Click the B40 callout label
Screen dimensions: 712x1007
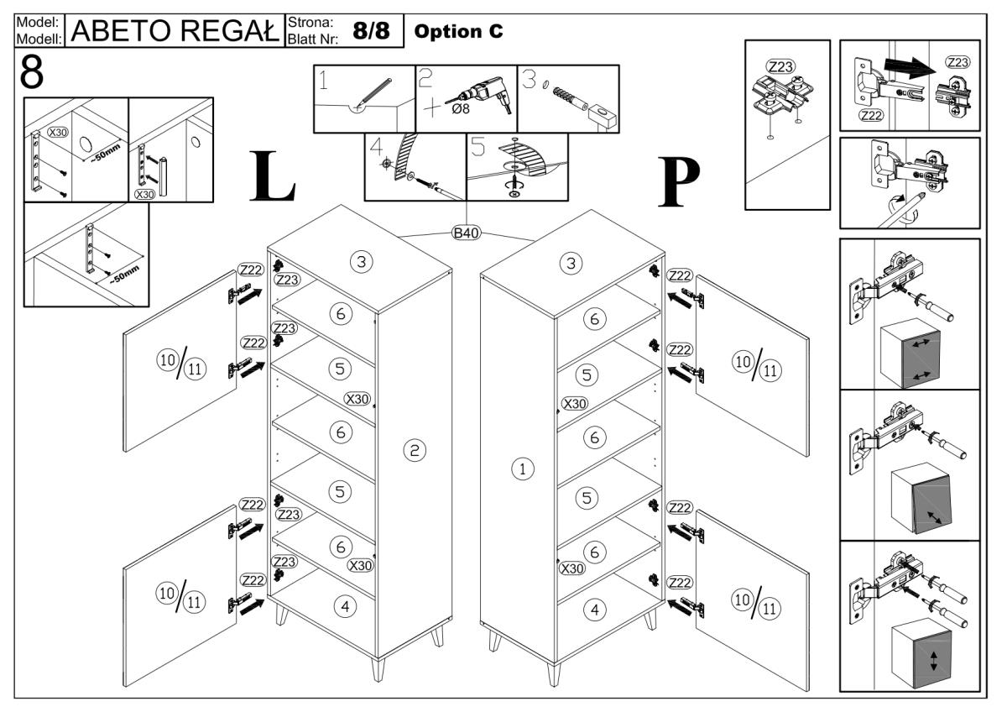click(465, 233)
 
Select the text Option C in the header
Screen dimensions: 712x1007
click(459, 30)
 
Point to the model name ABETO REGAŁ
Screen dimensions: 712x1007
click(174, 31)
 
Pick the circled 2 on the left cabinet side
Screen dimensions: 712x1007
click(412, 451)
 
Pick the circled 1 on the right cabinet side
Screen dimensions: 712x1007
click(523, 469)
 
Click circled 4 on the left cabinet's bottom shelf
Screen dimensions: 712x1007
click(343, 605)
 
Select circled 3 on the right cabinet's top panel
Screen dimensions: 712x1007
click(571, 263)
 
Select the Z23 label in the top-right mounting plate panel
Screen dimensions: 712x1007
click(956, 63)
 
